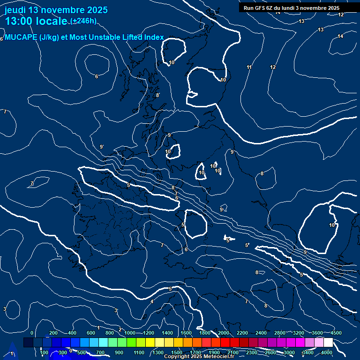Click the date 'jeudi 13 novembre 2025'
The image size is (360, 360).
coord(56,10)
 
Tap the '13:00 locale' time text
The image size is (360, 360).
coord(36,21)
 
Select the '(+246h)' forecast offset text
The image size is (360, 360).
coord(83,21)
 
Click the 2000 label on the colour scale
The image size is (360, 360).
coord(224,333)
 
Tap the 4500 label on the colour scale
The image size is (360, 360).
coord(336,333)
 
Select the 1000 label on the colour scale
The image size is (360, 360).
coord(130,333)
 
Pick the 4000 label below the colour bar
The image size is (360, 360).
coord(327,352)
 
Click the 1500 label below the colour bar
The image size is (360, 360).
coord(177,352)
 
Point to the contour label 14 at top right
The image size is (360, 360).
coord(340,36)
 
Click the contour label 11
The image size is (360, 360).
coord(249,67)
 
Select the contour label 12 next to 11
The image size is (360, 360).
coord(273,67)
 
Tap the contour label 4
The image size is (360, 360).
coord(152,301)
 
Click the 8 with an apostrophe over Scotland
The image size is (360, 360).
coord(158,95)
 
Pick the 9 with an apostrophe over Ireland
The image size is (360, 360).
coord(101,147)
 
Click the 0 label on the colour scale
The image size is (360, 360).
coord(32,333)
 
